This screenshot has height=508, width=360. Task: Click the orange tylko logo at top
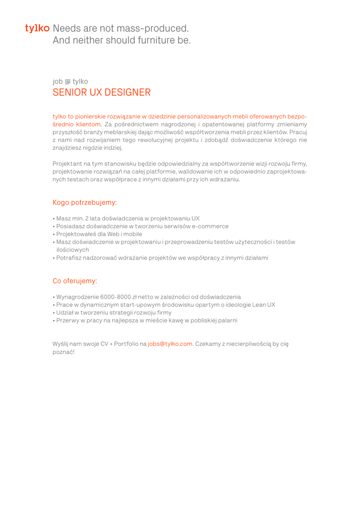point(37,28)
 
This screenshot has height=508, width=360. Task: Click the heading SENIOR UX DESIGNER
point(102,92)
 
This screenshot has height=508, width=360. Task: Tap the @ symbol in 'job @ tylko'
point(68,81)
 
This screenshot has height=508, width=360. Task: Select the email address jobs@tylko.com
point(170,343)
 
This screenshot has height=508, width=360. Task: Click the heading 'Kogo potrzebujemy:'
point(85,202)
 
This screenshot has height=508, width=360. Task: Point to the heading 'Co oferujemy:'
point(75,281)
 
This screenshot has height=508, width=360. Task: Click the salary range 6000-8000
point(116,297)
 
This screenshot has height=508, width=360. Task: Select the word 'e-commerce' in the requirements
point(210,226)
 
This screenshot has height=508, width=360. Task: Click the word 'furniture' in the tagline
point(151,41)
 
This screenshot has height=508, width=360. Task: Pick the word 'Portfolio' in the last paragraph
point(130,343)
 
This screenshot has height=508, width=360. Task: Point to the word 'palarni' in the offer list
point(226,320)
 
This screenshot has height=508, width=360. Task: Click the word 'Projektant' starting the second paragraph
point(68,164)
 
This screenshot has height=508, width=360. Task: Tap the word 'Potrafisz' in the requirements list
point(69,258)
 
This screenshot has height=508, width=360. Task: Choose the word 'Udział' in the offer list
point(65,313)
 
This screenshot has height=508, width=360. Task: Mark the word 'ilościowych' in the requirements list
point(72,250)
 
